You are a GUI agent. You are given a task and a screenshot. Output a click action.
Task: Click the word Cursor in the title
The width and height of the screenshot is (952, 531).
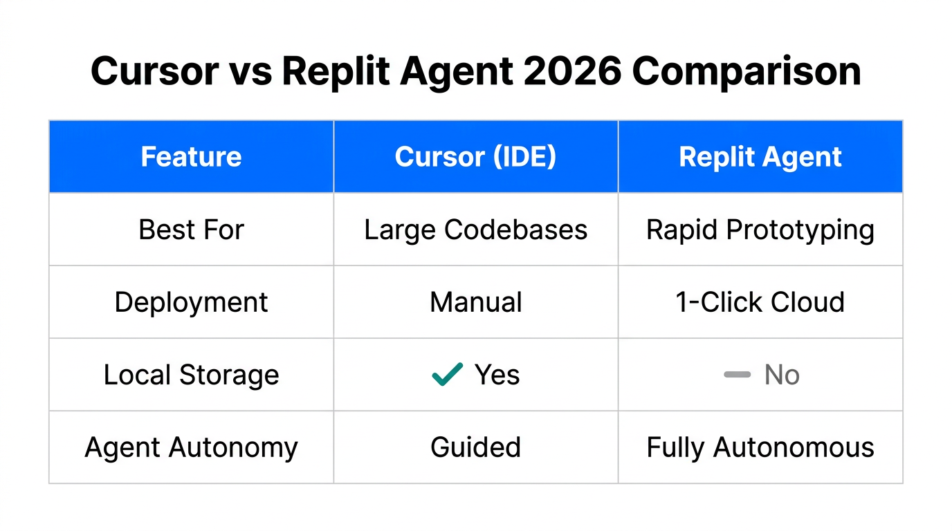coord(154,71)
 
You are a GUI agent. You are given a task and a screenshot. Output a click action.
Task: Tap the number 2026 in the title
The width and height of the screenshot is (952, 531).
coord(572,71)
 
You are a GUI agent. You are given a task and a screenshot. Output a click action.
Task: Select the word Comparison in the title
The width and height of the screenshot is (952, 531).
coord(747,71)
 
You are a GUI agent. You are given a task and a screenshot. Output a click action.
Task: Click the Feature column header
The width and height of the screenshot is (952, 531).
coord(191,157)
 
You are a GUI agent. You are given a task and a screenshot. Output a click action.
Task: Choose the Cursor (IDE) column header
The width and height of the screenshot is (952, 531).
coord(475,157)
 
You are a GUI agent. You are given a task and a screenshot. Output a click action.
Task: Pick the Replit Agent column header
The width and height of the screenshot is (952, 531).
coord(760,157)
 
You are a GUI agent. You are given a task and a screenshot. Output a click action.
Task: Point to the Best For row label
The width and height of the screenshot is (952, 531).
coord(191,230)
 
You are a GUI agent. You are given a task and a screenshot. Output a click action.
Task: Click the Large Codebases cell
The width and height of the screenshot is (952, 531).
coord(475,230)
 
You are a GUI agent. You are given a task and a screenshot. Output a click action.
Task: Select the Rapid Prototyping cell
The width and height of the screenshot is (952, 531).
coord(760,230)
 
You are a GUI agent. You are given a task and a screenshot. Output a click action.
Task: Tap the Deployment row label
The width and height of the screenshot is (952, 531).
coord(191,302)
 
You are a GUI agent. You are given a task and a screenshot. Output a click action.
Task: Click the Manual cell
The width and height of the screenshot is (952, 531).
coord(475,302)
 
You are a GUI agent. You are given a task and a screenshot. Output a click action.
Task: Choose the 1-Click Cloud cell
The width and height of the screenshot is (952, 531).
coord(760,302)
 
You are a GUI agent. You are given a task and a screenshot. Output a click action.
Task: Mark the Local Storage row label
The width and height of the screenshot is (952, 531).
coord(191,375)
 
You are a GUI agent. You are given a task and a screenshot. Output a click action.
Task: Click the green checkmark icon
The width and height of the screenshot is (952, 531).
coord(447,374)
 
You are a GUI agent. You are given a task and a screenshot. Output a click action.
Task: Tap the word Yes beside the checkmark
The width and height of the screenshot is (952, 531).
coord(497,375)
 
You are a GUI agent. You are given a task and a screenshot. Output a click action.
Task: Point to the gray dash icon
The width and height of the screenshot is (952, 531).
coord(737,375)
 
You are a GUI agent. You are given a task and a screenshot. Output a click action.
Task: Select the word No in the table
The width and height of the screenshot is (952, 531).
coord(782,375)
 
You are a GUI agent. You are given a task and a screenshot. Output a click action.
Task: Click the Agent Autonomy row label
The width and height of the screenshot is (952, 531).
coord(191,447)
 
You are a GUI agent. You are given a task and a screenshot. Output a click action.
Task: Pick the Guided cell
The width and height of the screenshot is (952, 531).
coord(475,447)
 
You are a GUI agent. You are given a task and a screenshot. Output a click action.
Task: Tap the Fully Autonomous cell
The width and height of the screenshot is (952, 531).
coord(760,447)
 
